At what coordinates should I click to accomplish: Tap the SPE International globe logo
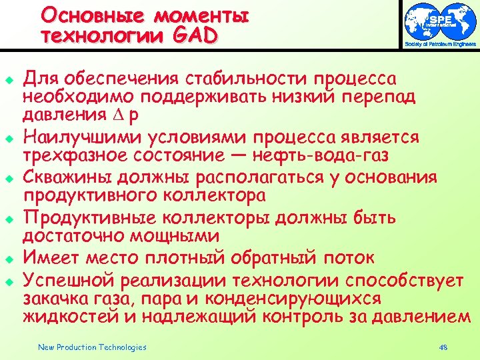click(x=440, y=21)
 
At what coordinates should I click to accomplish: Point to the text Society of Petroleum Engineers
click(x=440, y=44)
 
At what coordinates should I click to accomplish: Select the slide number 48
click(x=445, y=347)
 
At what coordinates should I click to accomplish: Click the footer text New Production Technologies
click(x=92, y=347)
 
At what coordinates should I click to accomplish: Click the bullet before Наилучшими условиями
click(x=11, y=137)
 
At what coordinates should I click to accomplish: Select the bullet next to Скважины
click(x=11, y=177)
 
